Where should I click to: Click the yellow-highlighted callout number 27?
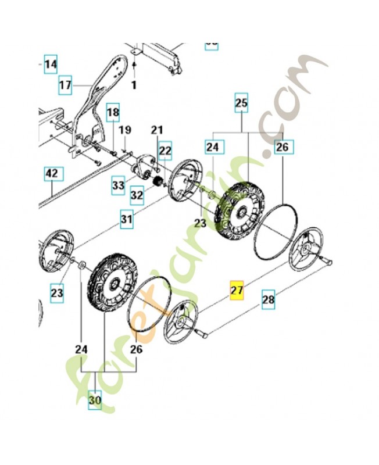(x=237, y=291)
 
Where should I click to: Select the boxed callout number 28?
(x=268, y=301)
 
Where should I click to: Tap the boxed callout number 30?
(x=94, y=400)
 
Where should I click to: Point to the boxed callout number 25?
(x=241, y=104)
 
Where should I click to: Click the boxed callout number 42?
(x=52, y=173)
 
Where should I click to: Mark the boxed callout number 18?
(x=113, y=112)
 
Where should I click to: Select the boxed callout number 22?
(x=165, y=151)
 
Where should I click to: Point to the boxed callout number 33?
(x=119, y=185)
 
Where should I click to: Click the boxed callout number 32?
(x=137, y=195)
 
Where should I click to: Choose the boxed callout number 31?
(x=127, y=220)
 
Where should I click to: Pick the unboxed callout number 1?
(x=133, y=85)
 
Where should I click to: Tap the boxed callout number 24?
(x=212, y=148)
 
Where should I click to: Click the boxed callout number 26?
(x=282, y=148)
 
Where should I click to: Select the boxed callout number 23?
(x=56, y=293)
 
